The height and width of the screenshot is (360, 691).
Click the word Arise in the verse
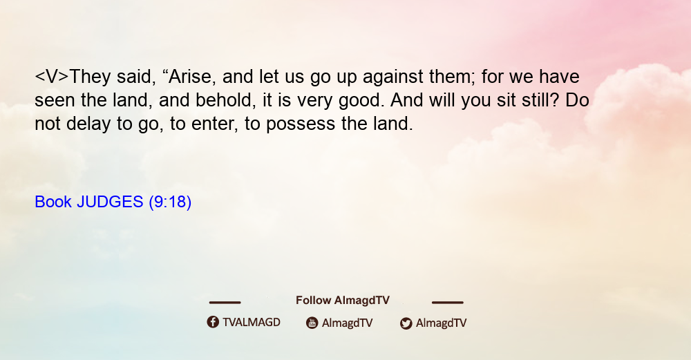[191, 77]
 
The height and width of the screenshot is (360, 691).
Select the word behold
[225, 100]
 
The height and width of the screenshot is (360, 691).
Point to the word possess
[301, 124]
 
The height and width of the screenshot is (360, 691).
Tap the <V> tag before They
[52, 77]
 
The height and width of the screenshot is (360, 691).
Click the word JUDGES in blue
[110, 202]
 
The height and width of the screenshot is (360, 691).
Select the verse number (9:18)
[170, 202]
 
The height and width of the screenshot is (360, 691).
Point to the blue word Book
[53, 202]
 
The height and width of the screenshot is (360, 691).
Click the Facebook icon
[213, 322]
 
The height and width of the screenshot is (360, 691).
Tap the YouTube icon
[312, 323]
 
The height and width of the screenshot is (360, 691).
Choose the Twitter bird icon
[406, 323]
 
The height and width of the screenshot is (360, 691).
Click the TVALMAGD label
[252, 322]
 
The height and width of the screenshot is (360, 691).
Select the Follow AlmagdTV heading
[343, 301]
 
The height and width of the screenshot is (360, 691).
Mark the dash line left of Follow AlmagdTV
[225, 302]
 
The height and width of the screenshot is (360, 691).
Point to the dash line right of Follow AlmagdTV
[447, 302]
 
